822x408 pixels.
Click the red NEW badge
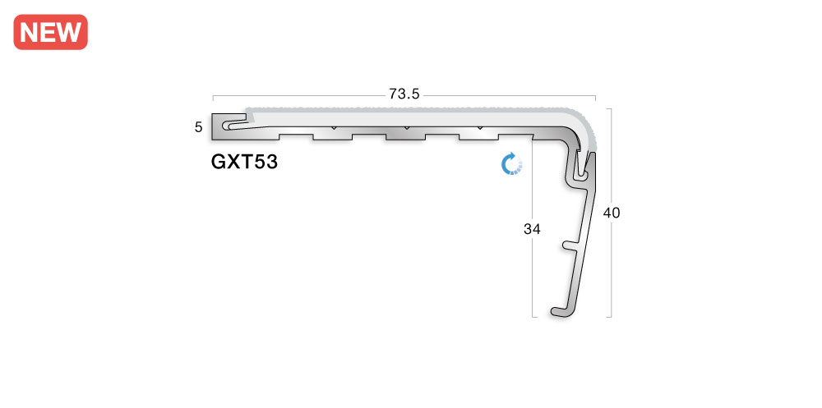coord(51,32)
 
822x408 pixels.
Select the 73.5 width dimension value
coord(404,94)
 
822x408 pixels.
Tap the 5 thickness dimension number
coord(199,127)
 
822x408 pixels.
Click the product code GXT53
coord(244,162)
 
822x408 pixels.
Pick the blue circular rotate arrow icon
coord(512,163)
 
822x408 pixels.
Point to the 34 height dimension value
coord(532,230)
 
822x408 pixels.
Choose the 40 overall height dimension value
coord(612,213)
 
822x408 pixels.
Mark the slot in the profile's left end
coord(234,126)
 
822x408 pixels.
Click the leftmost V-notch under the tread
coord(333,129)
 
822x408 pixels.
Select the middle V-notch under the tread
coord(406,129)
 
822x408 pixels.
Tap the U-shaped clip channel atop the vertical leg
coord(582,171)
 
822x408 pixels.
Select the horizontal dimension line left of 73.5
coord(296,94)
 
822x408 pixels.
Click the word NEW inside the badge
coord(51,32)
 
